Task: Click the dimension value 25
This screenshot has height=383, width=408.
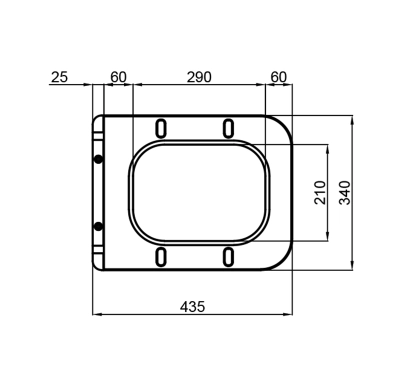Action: [59, 77]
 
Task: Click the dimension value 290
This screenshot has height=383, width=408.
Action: [199, 77]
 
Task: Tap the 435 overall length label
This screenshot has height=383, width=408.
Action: [193, 306]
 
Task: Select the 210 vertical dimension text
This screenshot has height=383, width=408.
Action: [320, 192]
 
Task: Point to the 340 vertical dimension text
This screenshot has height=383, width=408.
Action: [345, 192]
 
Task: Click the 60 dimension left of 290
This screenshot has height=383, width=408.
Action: [118, 77]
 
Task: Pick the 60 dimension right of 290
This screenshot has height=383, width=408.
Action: [279, 77]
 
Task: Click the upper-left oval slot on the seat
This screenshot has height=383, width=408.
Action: [161, 128]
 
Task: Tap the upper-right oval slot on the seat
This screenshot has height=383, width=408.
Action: [228, 128]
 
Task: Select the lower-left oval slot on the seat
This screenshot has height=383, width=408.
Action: [161, 257]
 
